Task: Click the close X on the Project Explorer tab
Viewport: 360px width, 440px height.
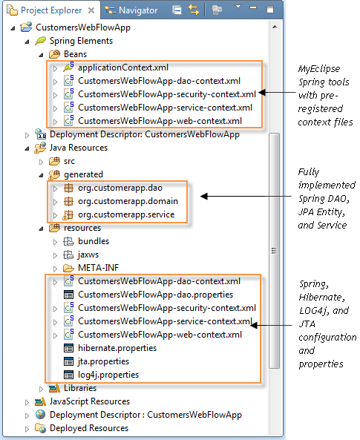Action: pyautogui.click(x=91, y=10)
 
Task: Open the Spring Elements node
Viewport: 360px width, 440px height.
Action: pyautogui.click(x=81, y=41)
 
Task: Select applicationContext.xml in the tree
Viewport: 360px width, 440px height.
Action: pyautogui.click(x=121, y=68)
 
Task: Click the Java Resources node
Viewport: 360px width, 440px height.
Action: pyautogui.click(x=78, y=148)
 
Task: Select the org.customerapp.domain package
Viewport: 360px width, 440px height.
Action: pyautogui.click(x=128, y=201)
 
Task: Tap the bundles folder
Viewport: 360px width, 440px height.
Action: pyautogui.click(x=94, y=241)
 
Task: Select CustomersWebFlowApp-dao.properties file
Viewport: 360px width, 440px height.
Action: pyautogui.click(x=156, y=295)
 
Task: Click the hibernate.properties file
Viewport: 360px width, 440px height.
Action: pyautogui.click(x=117, y=348)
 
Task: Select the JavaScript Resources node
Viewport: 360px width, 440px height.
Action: pyautogui.click(x=89, y=401)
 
